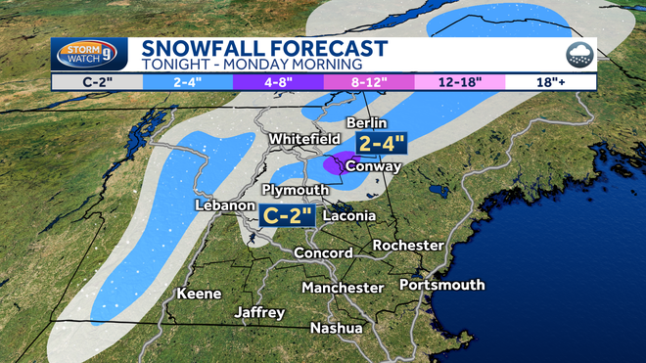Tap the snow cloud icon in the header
[577, 54]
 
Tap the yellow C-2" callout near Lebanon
[287, 212]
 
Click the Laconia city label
[349, 215]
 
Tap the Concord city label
[324, 252]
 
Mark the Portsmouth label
[441, 285]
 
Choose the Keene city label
[199, 294]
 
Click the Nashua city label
[336, 328]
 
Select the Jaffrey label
[259, 312]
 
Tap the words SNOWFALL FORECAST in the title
[264, 48]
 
